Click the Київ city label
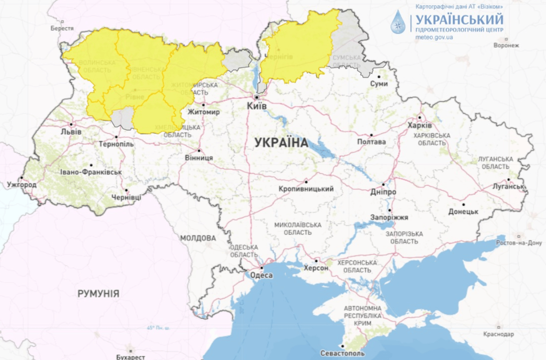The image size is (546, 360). (x=257, y=106)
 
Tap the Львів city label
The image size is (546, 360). (x=71, y=132)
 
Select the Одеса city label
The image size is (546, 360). (x=261, y=275)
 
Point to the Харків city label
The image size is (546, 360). (x=420, y=126)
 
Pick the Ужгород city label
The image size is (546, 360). (x=22, y=185)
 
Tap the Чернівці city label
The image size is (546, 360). (x=127, y=197)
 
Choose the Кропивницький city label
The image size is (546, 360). (x=306, y=189)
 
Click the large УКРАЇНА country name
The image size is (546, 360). (x=281, y=143)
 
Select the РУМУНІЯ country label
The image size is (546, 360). (x=99, y=294)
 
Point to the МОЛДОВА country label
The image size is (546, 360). (x=198, y=238)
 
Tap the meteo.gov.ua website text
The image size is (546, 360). (x=434, y=37)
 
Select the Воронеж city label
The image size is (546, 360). (x=507, y=45)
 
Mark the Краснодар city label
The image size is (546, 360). (x=499, y=334)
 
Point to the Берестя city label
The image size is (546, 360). (x=62, y=28)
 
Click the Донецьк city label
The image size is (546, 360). (x=463, y=212)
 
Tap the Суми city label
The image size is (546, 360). (x=379, y=83)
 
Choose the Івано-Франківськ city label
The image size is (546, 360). (x=91, y=172)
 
